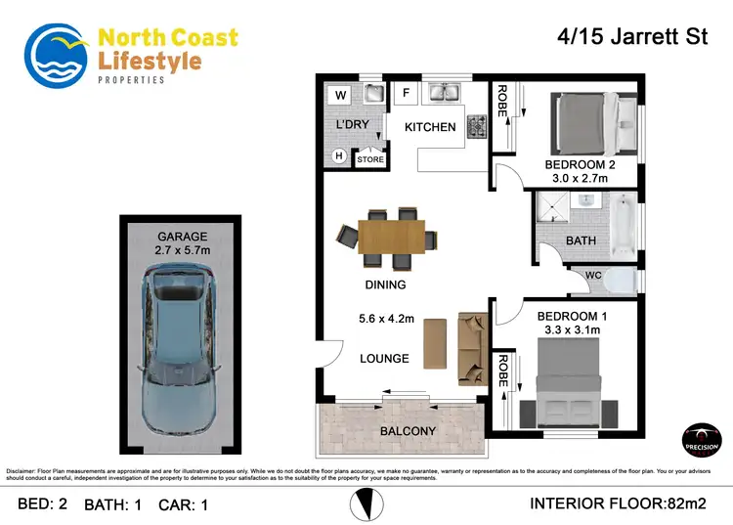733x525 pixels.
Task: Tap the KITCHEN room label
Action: tap(430, 127)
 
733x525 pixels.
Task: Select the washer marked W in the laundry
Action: tap(341, 95)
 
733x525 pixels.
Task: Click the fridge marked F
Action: tap(406, 95)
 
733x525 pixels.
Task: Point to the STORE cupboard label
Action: tap(369, 159)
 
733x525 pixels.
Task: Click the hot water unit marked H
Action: tap(340, 155)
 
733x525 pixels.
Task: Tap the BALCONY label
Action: tap(410, 431)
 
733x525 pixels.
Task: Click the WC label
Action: tap(593, 276)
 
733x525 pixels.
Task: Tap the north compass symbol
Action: tap(365, 504)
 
